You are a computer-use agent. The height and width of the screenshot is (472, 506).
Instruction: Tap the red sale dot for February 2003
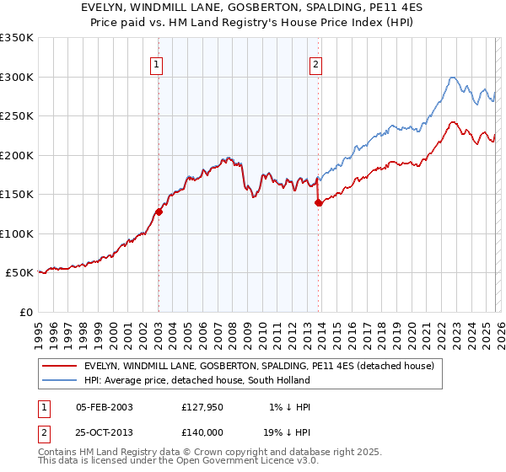click(x=159, y=212)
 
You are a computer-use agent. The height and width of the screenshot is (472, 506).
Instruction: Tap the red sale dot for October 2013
click(x=319, y=202)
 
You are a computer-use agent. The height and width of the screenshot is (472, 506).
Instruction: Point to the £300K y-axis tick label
click(x=17, y=77)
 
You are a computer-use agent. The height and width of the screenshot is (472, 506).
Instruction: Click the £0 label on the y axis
click(x=25, y=312)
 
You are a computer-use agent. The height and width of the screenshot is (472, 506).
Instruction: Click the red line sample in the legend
click(x=59, y=366)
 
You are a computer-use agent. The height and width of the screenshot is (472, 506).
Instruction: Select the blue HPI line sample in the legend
click(x=59, y=380)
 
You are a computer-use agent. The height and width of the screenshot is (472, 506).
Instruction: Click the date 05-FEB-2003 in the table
click(x=105, y=406)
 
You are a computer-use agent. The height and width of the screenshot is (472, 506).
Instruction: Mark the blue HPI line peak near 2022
click(x=453, y=78)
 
